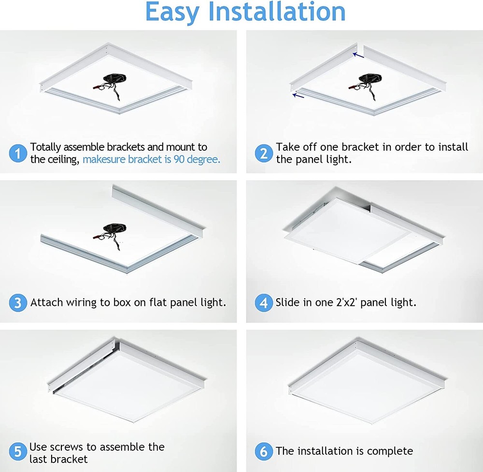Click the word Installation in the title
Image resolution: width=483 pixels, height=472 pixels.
tap(277, 13)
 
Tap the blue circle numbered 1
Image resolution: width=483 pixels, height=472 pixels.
tap(18, 154)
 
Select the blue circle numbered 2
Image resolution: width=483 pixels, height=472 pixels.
tap(264, 154)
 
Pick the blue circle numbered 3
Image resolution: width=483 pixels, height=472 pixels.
tap(18, 303)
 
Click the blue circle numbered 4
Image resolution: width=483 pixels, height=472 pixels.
tap(264, 303)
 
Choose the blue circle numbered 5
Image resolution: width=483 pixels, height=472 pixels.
tap(18, 452)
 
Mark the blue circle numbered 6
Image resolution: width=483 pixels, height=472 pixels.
tap(264, 452)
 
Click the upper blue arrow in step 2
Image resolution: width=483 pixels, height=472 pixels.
tap(358, 56)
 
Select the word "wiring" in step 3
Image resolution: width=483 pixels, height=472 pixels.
tap(81, 303)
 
